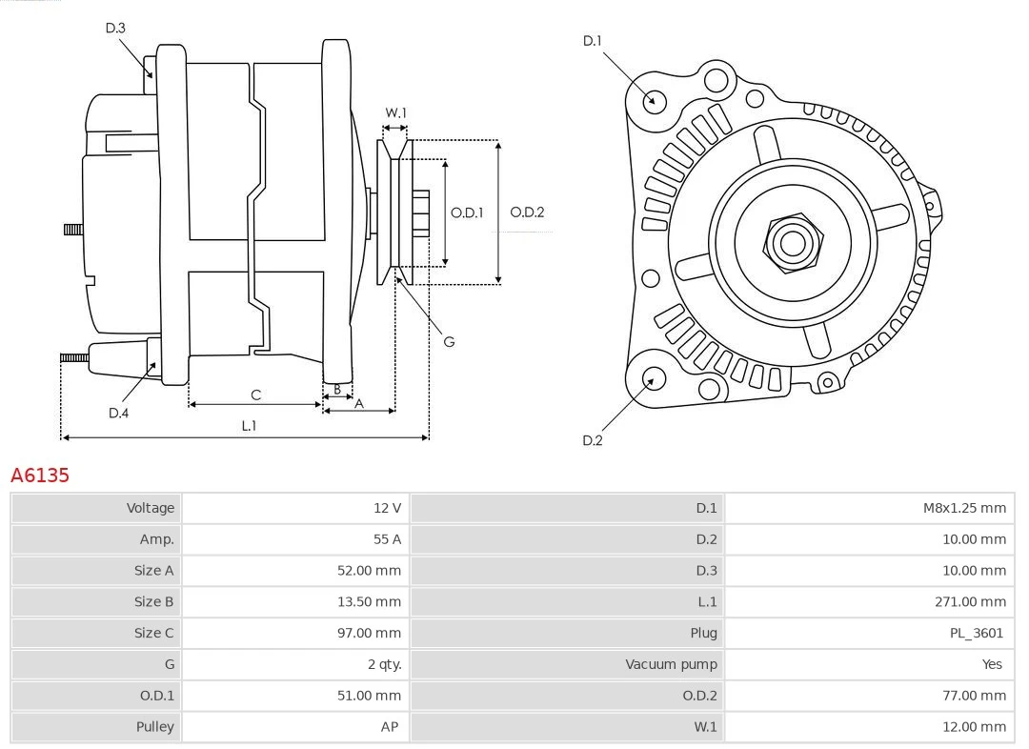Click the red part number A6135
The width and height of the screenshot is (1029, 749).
[40, 475]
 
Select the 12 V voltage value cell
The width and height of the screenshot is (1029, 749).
[387, 508]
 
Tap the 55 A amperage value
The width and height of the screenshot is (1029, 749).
[387, 539]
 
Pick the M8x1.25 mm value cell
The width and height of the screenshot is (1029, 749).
[963, 508]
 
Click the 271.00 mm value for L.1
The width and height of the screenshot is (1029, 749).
[970, 601]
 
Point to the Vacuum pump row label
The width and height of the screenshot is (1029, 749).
[671, 664]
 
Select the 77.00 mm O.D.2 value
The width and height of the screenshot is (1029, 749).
[973, 696]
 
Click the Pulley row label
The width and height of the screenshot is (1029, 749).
[154, 726]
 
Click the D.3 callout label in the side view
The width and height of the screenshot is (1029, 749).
[115, 28]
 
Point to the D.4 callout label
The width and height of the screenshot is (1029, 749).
[118, 413]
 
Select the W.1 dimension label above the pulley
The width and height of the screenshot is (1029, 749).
[395, 112]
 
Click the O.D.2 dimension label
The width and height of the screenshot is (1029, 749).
[527, 212]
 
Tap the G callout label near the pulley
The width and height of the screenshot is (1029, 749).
[449, 341]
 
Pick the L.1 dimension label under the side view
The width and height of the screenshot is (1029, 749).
[248, 426]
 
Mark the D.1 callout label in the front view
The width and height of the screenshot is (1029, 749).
[593, 40]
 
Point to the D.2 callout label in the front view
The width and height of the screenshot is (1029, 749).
[593, 440]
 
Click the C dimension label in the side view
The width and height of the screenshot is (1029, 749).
[255, 395]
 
